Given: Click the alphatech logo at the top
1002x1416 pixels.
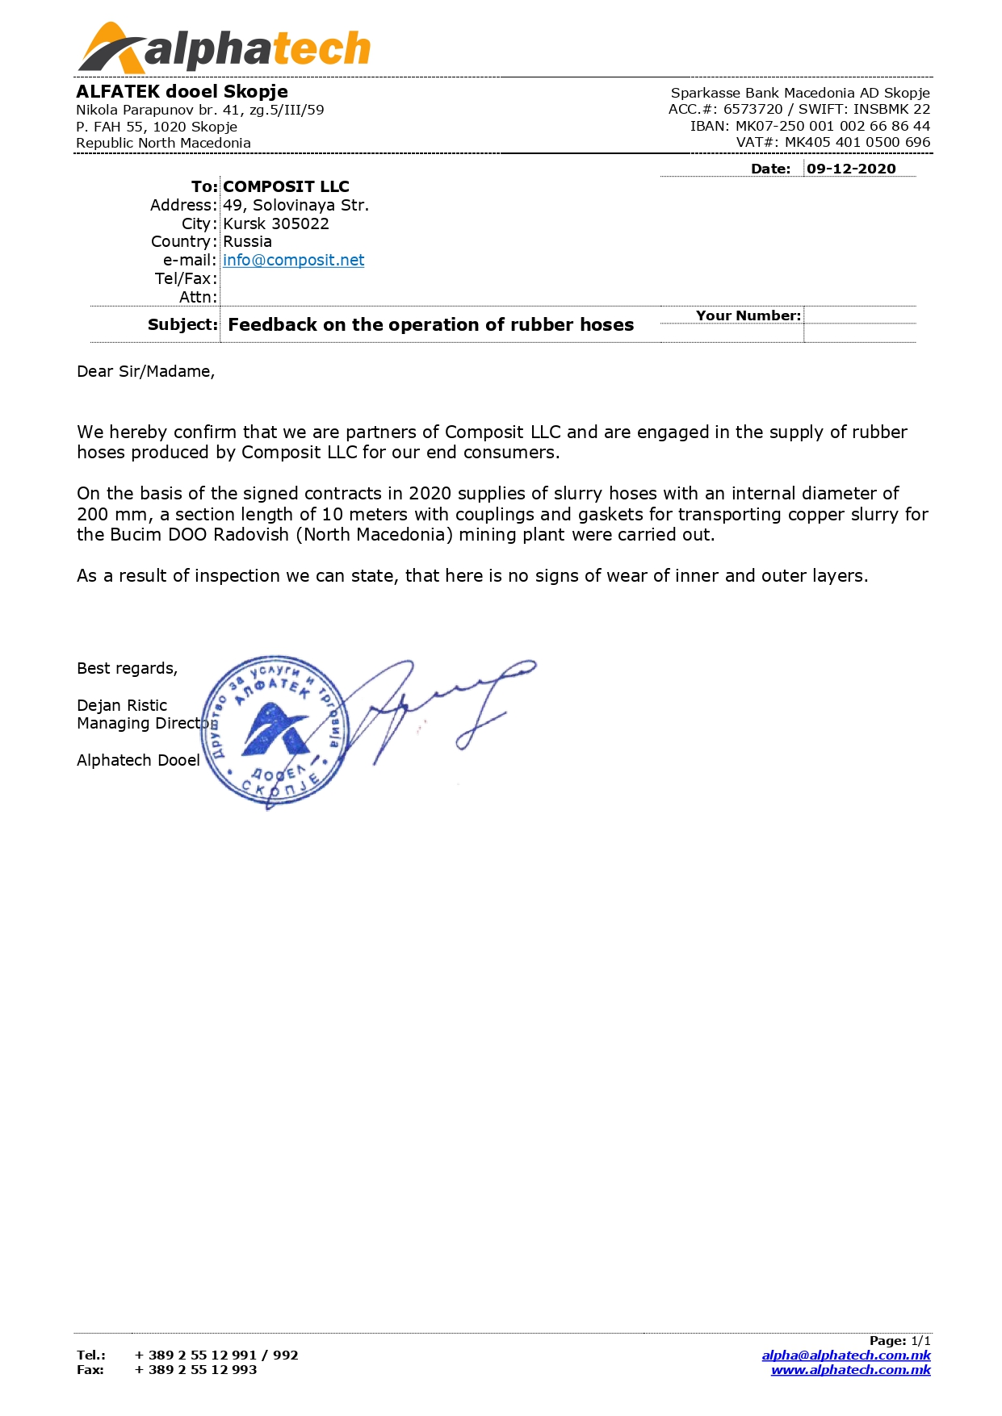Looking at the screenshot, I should coord(224,48).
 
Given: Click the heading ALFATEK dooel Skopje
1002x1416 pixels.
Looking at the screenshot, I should coord(182,91).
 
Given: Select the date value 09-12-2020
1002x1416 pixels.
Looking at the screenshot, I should coord(851,169).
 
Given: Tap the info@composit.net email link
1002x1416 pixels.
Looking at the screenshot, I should coord(293,260).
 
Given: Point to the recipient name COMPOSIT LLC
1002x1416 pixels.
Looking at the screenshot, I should coord(286,186).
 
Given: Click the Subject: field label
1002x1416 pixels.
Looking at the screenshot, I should coord(182,324).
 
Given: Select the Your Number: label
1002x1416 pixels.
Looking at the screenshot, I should coord(748,315).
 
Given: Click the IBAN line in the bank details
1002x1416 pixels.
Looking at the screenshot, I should coord(810,126).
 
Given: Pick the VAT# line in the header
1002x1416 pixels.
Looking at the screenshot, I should coord(832,142).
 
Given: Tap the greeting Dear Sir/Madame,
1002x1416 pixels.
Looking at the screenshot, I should coord(145,371).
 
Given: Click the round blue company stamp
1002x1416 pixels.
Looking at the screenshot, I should coord(275,730).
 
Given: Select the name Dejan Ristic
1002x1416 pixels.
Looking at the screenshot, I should coord(122,705).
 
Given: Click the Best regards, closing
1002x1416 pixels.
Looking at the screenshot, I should coord(127,668).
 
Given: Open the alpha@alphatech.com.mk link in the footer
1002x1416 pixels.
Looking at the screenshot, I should coord(846,1355).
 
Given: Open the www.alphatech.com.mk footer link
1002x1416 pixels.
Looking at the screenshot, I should coord(850,1370).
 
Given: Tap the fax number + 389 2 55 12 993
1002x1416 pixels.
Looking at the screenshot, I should coord(195,1370).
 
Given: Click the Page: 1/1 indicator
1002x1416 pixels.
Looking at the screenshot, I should coord(899,1341).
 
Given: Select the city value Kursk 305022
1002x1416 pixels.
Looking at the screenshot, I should coord(276,223).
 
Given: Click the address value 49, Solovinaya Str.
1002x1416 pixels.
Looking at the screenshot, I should coord(296,205).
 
